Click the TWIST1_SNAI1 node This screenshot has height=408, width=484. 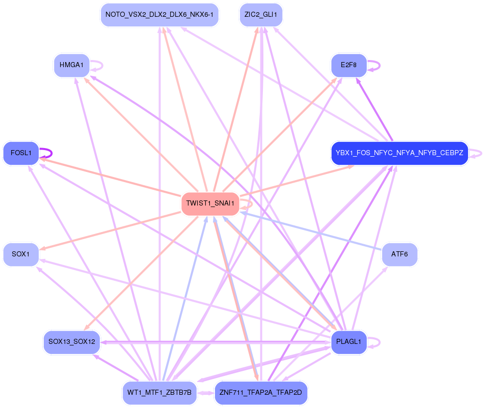(x=210, y=203)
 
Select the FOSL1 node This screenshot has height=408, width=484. (x=21, y=153)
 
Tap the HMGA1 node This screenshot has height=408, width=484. (x=71, y=65)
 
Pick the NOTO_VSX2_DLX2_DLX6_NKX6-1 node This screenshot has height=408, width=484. (x=159, y=15)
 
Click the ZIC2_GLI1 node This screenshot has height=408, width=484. (x=261, y=15)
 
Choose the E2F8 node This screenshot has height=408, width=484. (x=348, y=65)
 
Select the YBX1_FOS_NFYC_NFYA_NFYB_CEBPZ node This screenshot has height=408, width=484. (x=399, y=153)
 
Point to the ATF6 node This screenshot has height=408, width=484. (x=399, y=254)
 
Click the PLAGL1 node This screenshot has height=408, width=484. (x=348, y=342)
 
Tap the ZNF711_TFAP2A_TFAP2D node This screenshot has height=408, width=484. (x=261, y=393)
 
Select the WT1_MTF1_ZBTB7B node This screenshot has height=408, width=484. (x=159, y=393)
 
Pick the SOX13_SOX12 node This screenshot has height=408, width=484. (x=71, y=342)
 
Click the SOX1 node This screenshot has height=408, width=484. (x=21, y=254)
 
